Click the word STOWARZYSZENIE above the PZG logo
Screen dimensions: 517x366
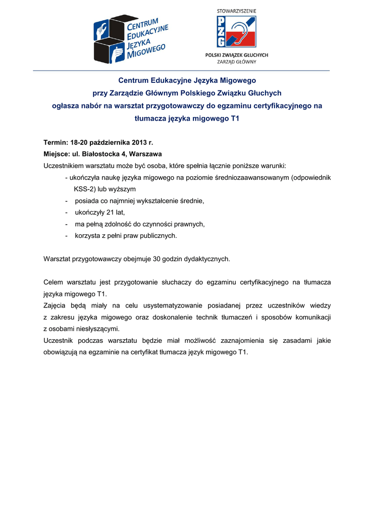236,10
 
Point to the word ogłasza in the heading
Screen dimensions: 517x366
65,106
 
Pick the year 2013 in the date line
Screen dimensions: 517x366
142,143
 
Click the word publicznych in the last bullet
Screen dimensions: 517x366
159,235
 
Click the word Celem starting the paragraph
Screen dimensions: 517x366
55,282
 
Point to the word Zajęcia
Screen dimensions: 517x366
55,305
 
